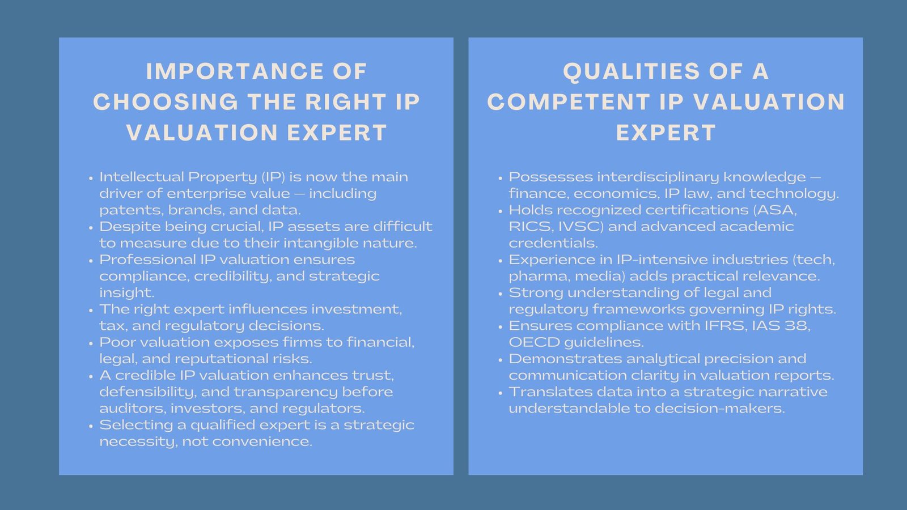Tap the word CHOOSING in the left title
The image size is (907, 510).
[x=166, y=102]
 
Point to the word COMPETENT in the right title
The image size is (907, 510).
[x=569, y=102]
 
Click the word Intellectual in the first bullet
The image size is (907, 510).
[x=142, y=177]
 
